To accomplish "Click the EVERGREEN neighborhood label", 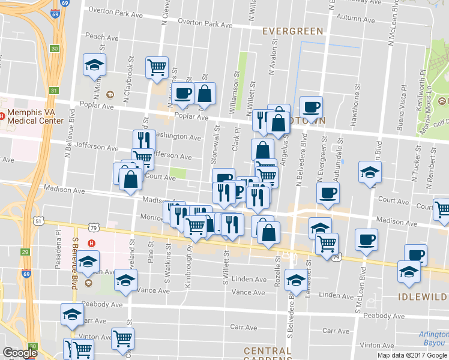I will pos(293,31).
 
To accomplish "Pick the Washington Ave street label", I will pos(177,137).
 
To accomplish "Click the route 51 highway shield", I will pos(38,221).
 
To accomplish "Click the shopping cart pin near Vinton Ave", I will pos(122,338).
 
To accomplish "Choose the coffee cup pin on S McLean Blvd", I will pos(366,239).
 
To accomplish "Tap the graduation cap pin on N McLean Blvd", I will pos(370,172).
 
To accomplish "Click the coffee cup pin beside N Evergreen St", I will pos(328,193).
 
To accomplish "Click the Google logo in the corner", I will pos(20,353).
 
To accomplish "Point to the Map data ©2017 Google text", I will pos(411,355).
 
